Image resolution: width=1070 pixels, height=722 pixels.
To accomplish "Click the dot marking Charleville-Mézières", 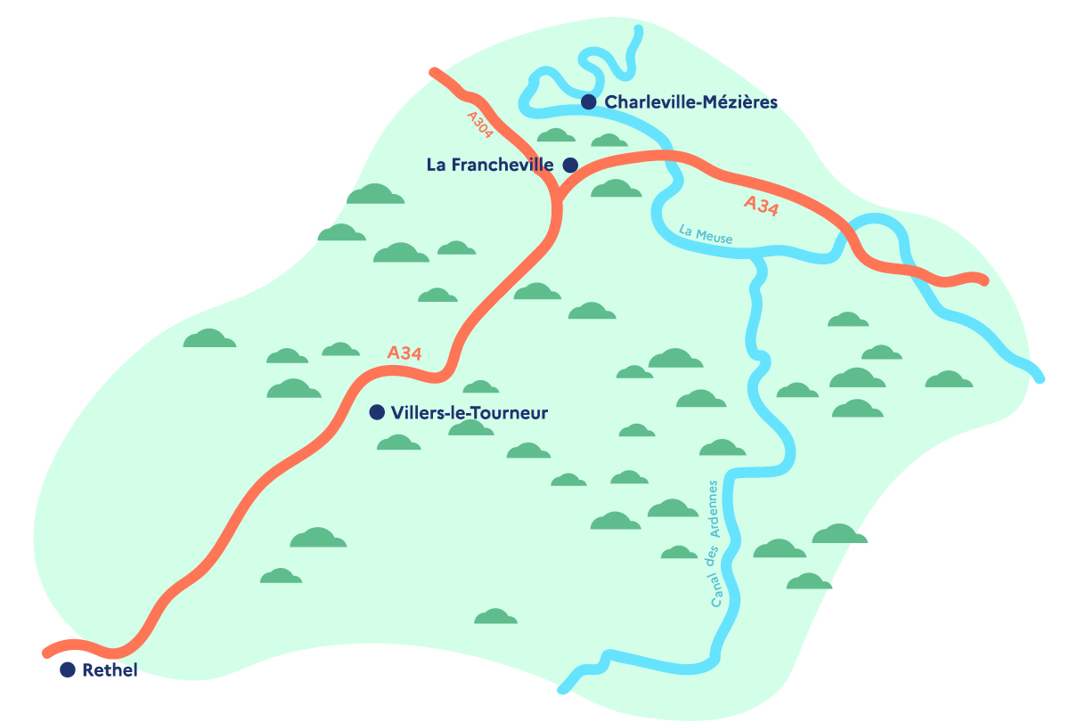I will [x=588, y=102].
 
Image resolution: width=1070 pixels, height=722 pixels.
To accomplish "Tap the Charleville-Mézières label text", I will [x=691, y=102].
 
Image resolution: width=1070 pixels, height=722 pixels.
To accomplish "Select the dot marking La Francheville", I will [x=570, y=165].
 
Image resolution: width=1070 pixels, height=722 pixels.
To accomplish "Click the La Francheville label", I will [x=490, y=165].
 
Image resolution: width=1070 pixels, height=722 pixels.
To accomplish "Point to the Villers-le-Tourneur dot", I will [x=377, y=412].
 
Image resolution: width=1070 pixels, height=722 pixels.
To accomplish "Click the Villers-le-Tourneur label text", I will [x=470, y=413].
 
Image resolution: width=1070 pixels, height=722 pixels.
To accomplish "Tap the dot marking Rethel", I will [x=67, y=670].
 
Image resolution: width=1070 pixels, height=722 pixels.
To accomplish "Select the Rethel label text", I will [x=110, y=670].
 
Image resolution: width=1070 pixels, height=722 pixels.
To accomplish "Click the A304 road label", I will [x=479, y=125].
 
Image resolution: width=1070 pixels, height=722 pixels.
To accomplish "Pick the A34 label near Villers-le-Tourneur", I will [x=404, y=353].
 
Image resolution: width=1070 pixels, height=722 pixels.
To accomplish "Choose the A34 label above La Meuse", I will [x=762, y=206].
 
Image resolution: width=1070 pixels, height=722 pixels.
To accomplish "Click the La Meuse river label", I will [x=705, y=234].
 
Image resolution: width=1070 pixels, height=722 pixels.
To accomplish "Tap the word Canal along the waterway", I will [x=717, y=588].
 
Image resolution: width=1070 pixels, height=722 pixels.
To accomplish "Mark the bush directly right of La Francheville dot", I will [x=616, y=189].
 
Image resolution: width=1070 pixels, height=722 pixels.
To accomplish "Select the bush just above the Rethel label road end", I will [x=281, y=576].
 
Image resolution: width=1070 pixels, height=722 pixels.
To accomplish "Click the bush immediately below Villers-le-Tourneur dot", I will [x=398, y=442].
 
